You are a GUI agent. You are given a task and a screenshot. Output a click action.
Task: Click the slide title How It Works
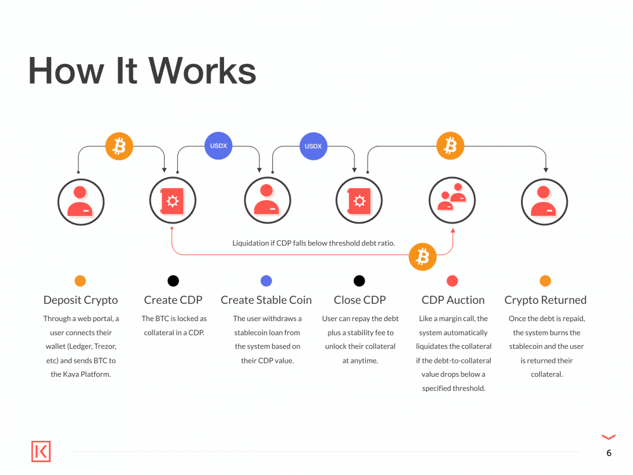[142, 70]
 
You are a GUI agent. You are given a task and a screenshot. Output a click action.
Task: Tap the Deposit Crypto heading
[80, 300]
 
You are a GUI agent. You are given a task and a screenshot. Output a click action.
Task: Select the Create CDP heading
[173, 300]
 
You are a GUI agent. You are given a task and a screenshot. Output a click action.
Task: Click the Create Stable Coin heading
[266, 300]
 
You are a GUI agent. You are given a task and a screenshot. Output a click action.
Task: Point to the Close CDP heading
[360, 300]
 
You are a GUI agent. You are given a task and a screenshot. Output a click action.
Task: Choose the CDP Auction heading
[453, 300]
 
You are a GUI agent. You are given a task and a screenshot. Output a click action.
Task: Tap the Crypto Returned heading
[545, 300]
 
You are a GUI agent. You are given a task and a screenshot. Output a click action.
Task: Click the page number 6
[608, 453]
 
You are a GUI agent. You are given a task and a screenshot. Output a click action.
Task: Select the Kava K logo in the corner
[41, 452]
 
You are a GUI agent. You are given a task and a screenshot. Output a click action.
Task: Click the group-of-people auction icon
[453, 201]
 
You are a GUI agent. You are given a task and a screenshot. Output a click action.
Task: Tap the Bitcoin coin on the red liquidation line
[422, 256]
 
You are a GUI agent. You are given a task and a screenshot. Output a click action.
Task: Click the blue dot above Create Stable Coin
[266, 281]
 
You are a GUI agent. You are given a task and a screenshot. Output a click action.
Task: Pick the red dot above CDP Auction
[452, 281]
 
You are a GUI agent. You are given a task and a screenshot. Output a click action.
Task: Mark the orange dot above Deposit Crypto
[80, 281]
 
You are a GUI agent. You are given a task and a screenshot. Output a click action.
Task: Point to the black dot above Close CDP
[359, 281]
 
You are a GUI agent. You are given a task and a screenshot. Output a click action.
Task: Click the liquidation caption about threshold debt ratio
[313, 243]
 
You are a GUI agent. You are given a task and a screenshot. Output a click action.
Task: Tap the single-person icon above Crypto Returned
[544, 201]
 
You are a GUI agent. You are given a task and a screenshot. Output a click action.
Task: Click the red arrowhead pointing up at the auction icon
[453, 232]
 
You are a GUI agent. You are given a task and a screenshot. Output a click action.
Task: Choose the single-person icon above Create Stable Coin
[266, 201]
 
